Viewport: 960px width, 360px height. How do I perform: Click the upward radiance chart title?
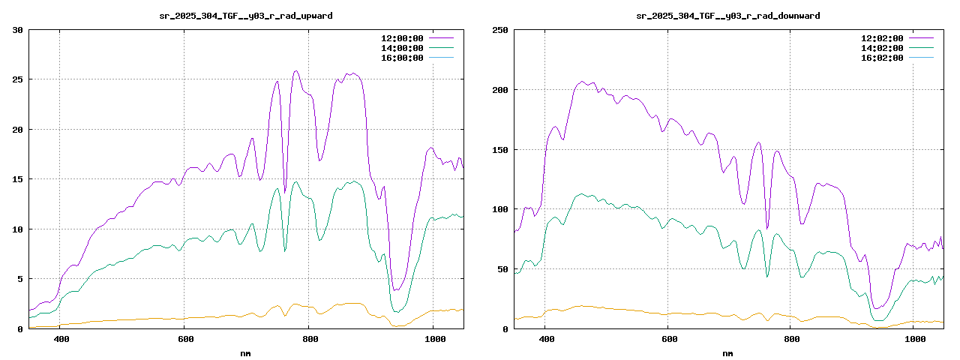(x=246, y=16)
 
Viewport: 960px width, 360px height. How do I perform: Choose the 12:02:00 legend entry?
(x=881, y=37)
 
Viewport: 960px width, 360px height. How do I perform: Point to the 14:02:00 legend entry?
(x=881, y=48)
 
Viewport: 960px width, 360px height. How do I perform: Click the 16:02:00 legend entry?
(x=881, y=58)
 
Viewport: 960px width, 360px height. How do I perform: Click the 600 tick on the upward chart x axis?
(x=185, y=339)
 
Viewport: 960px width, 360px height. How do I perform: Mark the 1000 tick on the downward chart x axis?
(x=915, y=339)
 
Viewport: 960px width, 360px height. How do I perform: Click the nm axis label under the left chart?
(x=246, y=352)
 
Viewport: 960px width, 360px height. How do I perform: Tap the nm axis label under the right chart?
(x=727, y=352)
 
